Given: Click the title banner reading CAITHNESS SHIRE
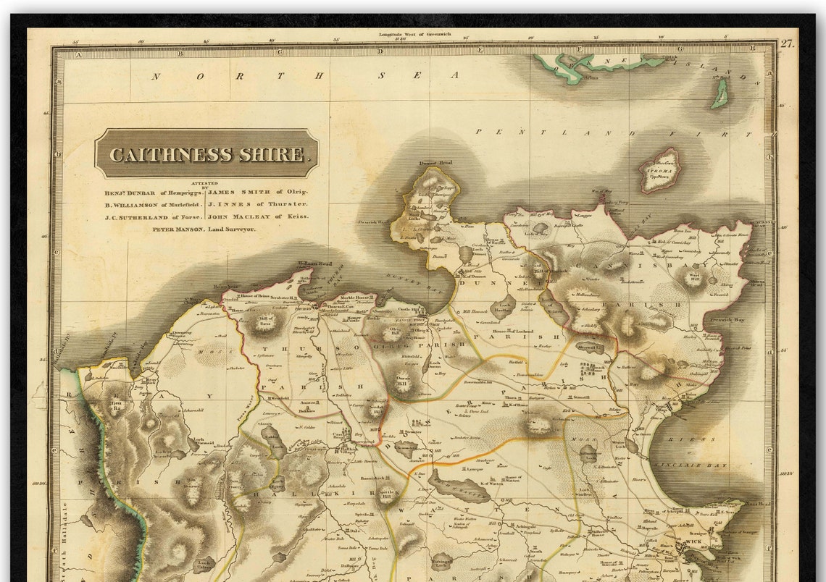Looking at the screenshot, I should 206,154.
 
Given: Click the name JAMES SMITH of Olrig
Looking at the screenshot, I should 257,192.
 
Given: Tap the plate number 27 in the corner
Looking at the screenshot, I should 786,43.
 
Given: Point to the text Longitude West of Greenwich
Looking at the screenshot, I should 414,34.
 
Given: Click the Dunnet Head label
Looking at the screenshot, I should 435,164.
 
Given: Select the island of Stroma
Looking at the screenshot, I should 659,171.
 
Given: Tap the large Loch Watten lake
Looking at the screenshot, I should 459,487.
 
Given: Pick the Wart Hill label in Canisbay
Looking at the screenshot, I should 694,276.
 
